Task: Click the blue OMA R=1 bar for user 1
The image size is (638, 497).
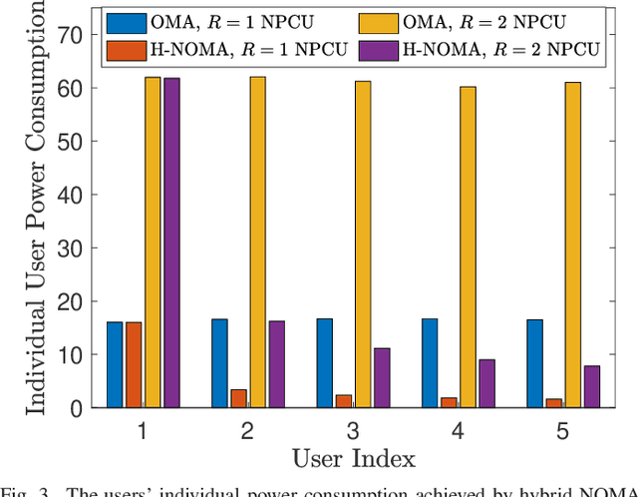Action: [115, 364]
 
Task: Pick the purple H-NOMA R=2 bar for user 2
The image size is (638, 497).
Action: [277, 364]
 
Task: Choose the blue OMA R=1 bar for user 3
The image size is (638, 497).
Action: [325, 363]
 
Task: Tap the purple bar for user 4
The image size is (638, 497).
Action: [486, 383]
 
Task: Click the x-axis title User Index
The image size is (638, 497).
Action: [353, 458]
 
